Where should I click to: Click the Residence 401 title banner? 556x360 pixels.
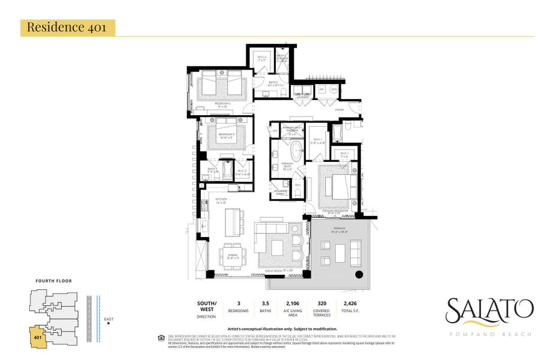click(68, 28)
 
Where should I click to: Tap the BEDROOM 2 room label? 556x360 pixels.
click(223, 104)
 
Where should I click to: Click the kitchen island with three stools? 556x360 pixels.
click(233, 220)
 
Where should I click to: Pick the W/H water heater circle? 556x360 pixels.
click(334, 89)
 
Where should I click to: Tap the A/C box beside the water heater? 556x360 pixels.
click(321, 89)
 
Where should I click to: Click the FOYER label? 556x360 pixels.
click(339, 110)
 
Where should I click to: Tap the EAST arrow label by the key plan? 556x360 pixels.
click(108, 320)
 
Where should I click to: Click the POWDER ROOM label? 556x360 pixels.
click(280, 193)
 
